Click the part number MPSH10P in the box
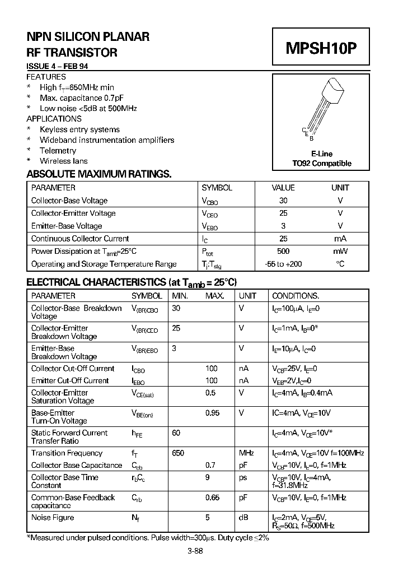[x=321, y=49]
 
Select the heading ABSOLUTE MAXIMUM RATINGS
[x=99, y=174]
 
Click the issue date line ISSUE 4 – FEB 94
[x=57, y=66]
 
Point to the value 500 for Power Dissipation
[x=283, y=252]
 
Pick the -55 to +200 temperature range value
[x=283, y=264]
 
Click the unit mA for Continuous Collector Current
[x=340, y=239]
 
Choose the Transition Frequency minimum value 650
[x=178, y=453]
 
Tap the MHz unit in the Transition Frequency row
[x=246, y=453]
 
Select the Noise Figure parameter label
[x=52, y=518]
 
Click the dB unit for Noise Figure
[x=243, y=518]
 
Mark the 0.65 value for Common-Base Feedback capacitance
[x=212, y=498]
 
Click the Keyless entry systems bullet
[x=79, y=129]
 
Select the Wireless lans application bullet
[x=63, y=161]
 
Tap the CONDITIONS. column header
[x=296, y=296]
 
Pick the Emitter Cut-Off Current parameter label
[x=70, y=380]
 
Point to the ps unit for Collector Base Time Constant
[x=243, y=477]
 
